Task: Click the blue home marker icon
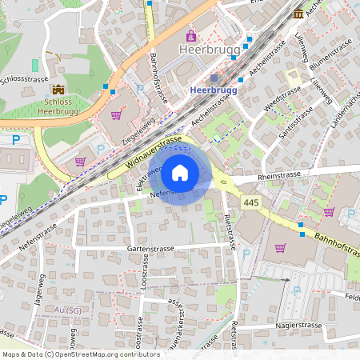180,172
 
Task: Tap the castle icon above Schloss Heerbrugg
58,90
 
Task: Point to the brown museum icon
298,13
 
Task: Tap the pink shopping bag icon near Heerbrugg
191,35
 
